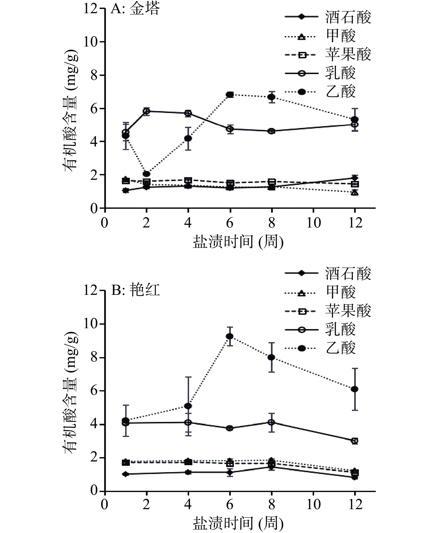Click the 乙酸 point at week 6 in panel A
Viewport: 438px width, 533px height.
tap(230, 95)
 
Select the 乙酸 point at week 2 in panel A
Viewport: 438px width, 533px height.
tap(146, 174)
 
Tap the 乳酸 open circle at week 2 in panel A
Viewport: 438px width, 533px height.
tap(146, 111)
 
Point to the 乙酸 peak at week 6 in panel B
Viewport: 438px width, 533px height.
tap(230, 336)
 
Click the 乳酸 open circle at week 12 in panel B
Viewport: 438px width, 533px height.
tap(355, 441)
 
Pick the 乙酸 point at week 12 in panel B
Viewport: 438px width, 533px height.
tap(355, 389)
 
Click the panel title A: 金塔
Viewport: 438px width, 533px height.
tap(136, 9)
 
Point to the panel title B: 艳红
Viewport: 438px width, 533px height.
tap(136, 290)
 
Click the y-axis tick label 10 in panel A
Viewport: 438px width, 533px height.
tap(91, 42)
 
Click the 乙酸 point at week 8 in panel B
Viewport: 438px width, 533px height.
tap(271, 357)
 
